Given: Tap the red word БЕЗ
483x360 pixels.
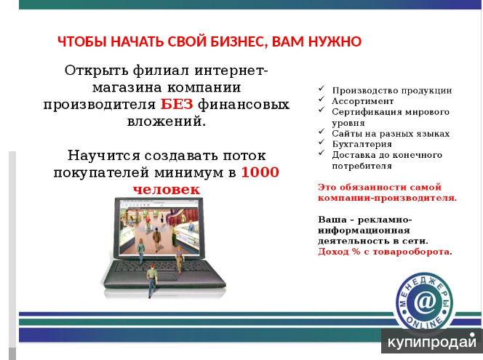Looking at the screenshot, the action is (177, 104).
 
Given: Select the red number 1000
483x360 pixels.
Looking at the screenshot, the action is (260, 172).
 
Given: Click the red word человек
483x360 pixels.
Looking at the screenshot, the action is (167, 189).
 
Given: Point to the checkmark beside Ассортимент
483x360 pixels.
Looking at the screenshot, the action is (322, 99).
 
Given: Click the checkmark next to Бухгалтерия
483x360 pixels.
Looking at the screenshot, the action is (322, 142).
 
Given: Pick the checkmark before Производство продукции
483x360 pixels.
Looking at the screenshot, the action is (322, 89).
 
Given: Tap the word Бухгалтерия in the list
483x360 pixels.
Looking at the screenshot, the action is (362, 145).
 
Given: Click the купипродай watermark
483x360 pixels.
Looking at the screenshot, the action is (432, 342).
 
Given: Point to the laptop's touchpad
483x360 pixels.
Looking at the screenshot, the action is (163, 276).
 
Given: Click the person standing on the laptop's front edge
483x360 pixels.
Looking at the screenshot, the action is (151, 281).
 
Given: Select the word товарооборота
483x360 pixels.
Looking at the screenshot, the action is (411, 252).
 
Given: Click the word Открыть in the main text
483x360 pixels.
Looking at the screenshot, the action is (97, 71).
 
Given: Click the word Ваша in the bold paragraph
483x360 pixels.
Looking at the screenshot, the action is (332, 220).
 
